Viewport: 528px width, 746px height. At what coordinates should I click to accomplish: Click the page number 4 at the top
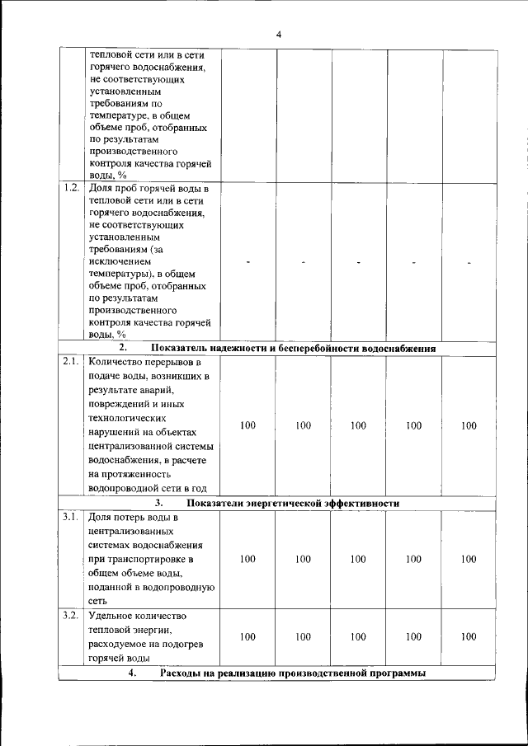pos(279,34)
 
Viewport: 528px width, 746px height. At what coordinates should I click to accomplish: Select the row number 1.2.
pos(71,188)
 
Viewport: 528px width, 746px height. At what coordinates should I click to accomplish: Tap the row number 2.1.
pos(71,361)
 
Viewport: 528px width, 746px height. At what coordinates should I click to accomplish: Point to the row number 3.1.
pos(71,517)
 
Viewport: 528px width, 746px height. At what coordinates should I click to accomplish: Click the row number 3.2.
pos(71,615)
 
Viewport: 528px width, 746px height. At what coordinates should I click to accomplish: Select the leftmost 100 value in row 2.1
pos(247,425)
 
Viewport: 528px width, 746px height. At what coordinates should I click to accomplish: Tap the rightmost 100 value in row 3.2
pos(469,637)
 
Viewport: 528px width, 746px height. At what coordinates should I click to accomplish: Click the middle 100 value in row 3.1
pos(358,559)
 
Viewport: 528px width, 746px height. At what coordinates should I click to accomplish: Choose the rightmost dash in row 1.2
pos(469,262)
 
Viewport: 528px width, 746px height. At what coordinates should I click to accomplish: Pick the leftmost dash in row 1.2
pos(247,262)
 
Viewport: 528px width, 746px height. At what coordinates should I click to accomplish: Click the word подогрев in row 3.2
pos(195,644)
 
